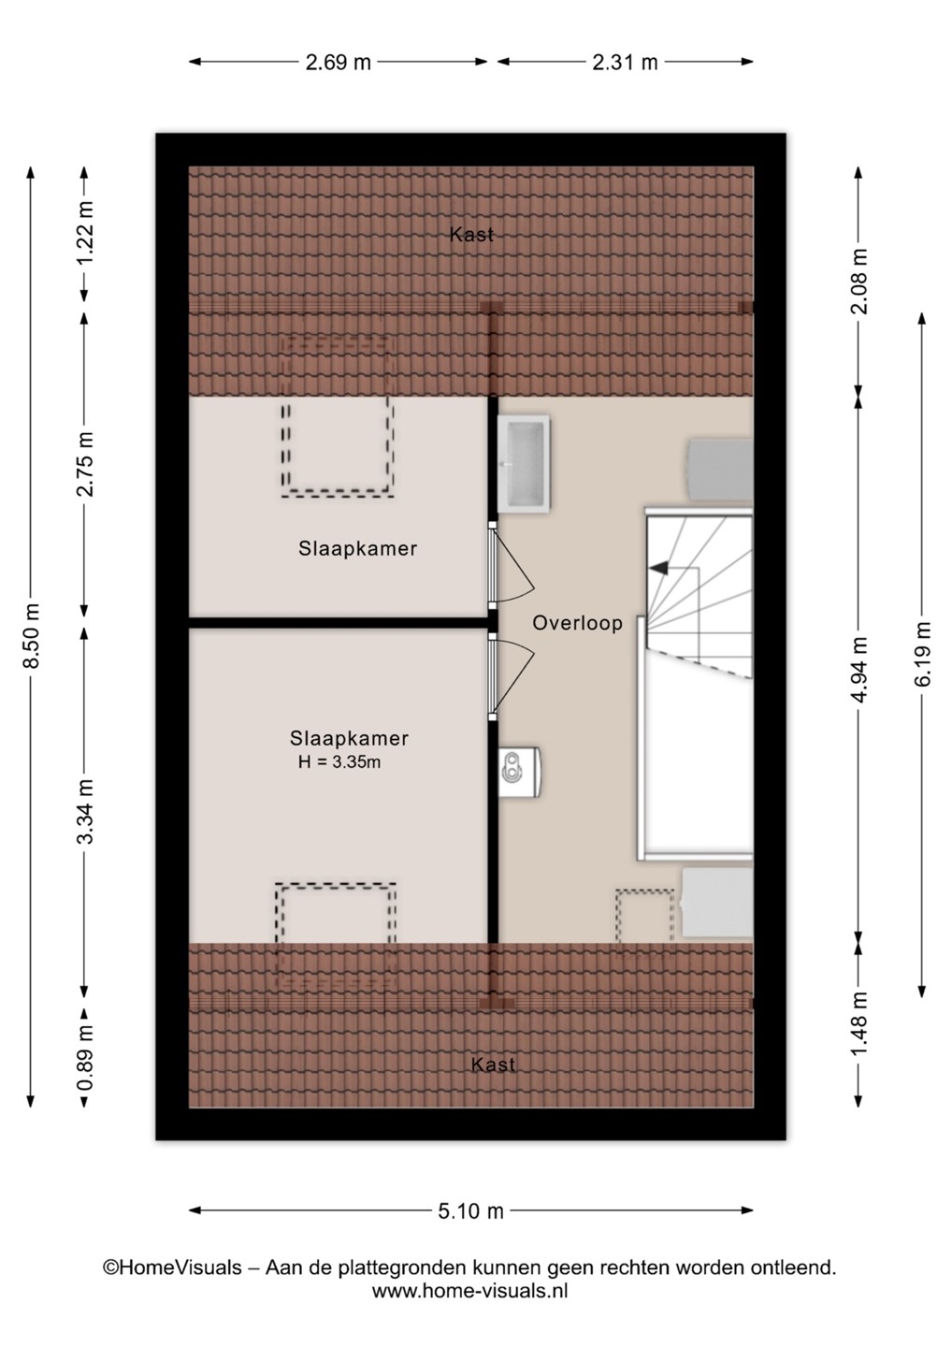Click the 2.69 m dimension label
(339, 62)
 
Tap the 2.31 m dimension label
(625, 62)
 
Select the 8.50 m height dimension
(31, 636)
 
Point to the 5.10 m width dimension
(470, 1211)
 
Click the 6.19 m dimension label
(923, 654)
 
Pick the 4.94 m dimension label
(859, 670)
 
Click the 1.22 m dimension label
(85, 232)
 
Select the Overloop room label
(578, 623)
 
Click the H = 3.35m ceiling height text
(339, 762)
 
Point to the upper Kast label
(472, 235)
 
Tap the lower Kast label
(494, 1065)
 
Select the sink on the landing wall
(525, 463)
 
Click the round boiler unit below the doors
(520, 772)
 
